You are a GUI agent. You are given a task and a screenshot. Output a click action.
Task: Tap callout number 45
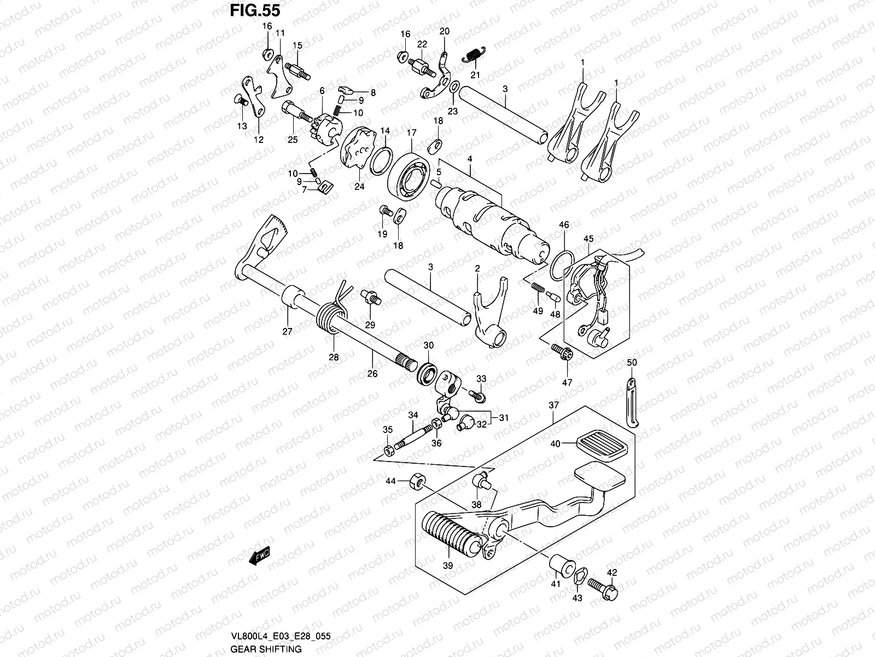tap(588, 239)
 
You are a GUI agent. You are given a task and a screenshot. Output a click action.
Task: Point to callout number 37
tap(554, 405)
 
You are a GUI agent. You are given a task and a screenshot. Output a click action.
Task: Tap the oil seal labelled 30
tap(428, 374)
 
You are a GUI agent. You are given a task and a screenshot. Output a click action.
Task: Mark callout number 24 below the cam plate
tap(359, 186)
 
